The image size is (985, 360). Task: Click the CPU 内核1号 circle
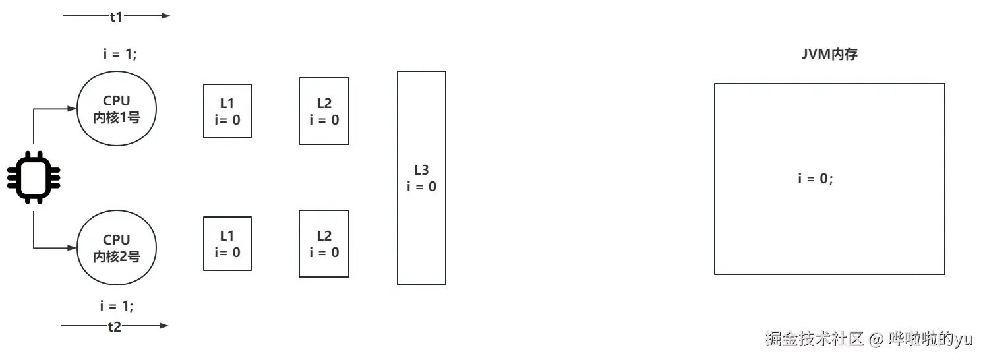(x=117, y=109)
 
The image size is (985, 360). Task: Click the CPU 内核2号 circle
(x=117, y=248)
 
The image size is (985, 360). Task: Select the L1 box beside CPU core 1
(x=227, y=111)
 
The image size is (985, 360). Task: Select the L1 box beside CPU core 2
(x=227, y=243)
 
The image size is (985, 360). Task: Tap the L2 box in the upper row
(x=324, y=111)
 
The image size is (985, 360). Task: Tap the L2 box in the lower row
(x=324, y=243)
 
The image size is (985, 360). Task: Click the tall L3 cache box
(x=421, y=178)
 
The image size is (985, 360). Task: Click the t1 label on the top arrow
(x=116, y=17)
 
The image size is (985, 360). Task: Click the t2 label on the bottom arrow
(x=115, y=326)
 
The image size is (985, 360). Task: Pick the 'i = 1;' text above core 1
(x=120, y=55)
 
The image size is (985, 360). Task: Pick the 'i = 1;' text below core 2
(x=117, y=306)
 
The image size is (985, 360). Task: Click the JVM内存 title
(x=829, y=55)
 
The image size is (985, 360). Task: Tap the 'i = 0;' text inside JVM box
(x=816, y=178)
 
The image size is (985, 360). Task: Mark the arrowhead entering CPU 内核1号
(x=73, y=109)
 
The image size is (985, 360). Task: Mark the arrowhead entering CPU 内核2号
(x=73, y=248)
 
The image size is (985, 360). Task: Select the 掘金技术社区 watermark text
(x=815, y=339)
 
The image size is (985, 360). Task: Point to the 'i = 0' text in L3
(x=421, y=187)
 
